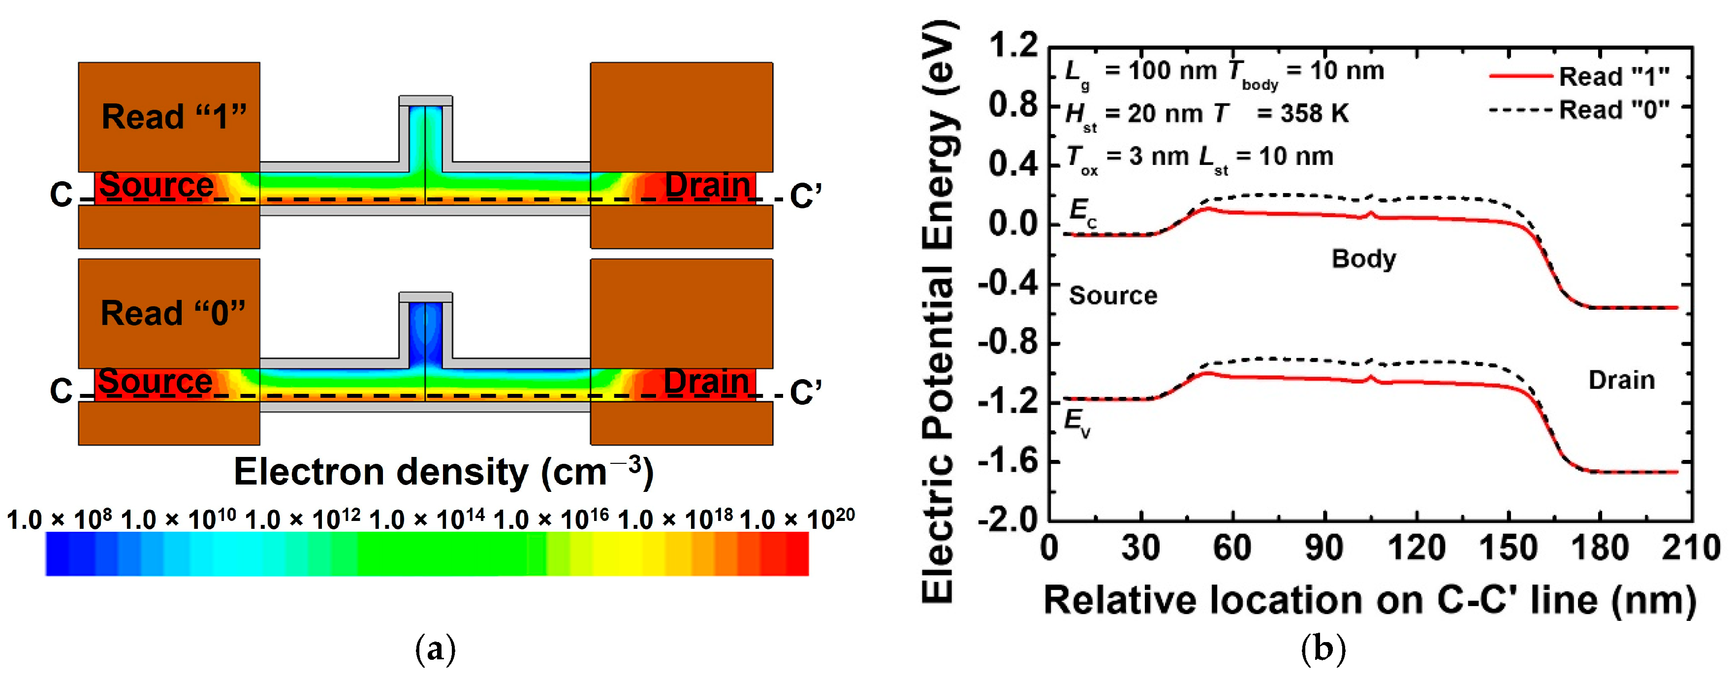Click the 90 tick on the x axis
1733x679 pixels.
tap(1324, 548)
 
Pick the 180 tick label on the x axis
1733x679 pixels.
tap(1600, 548)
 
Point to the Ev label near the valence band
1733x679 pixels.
tap(1077, 422)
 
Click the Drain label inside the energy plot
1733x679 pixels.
tap(1621, 380)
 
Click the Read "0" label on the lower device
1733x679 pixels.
tap(173, 313)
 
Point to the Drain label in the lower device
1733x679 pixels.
tap(706, 382)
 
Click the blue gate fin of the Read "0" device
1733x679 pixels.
tap(425, 333)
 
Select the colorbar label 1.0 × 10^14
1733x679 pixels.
tap(427, 519)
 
